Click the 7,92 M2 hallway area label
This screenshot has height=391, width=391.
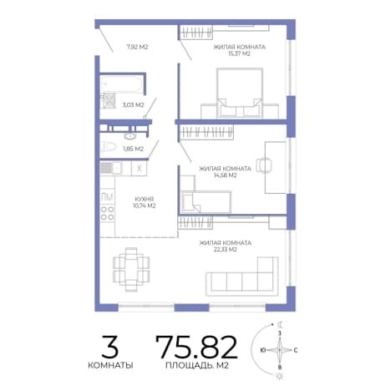tap(137, 47)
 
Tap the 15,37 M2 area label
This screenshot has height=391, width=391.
tap(239, 53)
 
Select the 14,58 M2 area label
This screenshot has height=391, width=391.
tap(225, 175)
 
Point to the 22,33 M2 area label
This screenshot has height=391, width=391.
tap(225, 250)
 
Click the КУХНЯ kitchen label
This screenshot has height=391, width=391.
tap(144, 199)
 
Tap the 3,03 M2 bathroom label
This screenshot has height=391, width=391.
tap(133, 105)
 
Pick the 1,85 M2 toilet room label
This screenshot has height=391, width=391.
tap(133, 149)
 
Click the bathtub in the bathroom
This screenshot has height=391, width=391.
tap(122, 84)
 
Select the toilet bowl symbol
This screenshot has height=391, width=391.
tap(109, 146)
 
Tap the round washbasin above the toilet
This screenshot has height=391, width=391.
tap(129, 136)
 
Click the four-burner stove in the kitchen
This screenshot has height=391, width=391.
tap(107, 213)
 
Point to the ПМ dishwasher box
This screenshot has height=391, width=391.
tap(107, 197)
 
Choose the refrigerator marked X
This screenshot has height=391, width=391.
tap(140, 168)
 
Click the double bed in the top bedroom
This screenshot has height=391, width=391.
tap(240, 93)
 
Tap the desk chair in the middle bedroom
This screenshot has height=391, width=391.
tap(263, 165)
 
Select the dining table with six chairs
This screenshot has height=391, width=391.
tap(131, 269)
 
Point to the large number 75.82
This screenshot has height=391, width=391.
tap(196, 347)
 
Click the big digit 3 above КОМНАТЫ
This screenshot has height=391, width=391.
tap(110, 347)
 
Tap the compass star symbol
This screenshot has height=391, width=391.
tap(280, 350)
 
